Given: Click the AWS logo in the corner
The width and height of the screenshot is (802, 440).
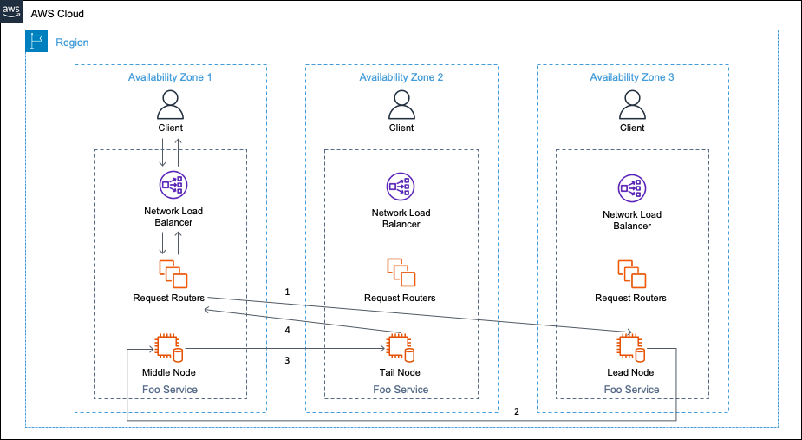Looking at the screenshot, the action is pos(11,11).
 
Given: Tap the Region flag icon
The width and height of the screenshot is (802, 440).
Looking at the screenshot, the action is pos(36,41).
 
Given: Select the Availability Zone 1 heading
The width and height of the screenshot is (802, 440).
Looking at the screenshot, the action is pos(170,77).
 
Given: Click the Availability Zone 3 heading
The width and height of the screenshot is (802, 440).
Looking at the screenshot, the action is pos(632,77).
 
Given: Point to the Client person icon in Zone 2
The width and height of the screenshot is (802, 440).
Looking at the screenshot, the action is pos(401,105).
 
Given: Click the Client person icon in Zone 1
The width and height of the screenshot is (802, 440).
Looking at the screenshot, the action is pos(170,105).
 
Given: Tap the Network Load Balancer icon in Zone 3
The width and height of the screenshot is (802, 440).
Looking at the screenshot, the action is pos(632,188).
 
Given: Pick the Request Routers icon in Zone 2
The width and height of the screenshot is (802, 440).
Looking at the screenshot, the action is pos(401,273).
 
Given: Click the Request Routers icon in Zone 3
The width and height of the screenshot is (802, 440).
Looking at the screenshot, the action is pos(632,274).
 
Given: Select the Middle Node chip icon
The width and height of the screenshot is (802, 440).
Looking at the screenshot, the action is pos(169,348).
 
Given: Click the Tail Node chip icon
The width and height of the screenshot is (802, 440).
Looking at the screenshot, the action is pos(400,348).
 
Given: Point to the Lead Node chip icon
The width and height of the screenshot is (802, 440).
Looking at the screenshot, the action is pos(630,348).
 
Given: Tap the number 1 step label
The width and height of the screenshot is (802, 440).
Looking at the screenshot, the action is pos(287,292).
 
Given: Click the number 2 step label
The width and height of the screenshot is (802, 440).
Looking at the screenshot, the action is pos(517,411).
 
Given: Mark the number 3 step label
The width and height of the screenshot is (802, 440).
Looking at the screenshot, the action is pos(287,361).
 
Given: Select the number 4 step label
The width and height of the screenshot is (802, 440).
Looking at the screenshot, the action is pos(288,331).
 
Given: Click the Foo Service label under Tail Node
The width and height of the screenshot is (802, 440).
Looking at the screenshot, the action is pos(401,390).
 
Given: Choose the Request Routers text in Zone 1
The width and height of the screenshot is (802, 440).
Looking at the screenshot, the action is pos(169,299).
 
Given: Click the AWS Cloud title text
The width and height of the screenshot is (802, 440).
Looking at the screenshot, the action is pos(57,14).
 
